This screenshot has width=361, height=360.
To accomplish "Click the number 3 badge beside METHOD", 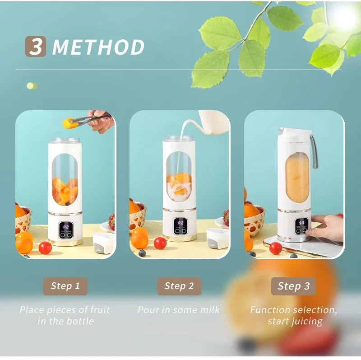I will click(35, 47).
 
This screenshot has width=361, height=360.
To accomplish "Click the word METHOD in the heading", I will click(98, 47).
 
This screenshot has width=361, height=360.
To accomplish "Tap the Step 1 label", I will click(65, 286).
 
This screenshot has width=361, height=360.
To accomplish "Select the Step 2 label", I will click(179, 286).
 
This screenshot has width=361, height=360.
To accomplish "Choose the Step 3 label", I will click(293, 286).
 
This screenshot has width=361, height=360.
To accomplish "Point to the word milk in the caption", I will click(209, 310).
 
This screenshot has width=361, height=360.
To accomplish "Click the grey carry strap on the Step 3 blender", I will click(314, 151).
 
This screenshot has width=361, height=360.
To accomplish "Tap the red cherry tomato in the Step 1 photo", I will click(45, 248).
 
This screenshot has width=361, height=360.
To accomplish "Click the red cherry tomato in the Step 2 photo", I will click(160, 243).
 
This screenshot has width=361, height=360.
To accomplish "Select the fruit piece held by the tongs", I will click(69, 122).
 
